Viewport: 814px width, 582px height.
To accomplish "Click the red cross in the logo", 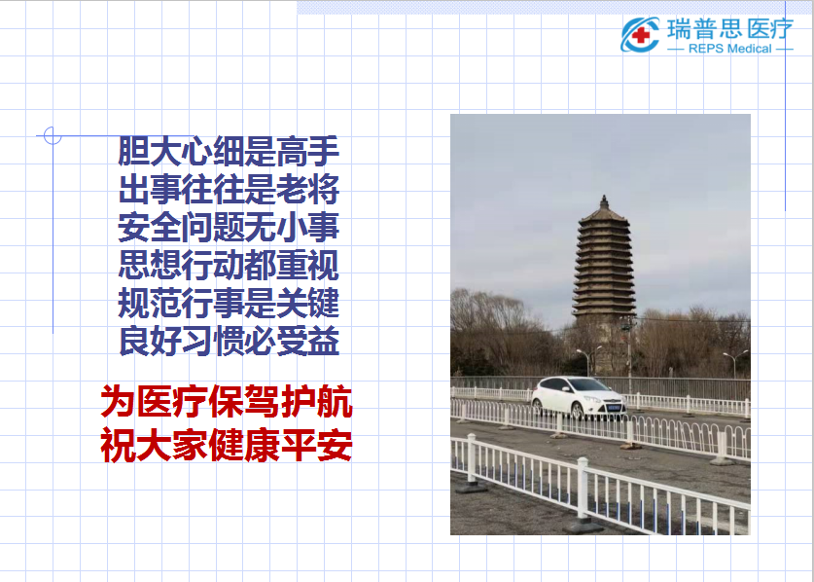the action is point(641,35).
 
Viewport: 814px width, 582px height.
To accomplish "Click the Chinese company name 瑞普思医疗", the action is point(730,28).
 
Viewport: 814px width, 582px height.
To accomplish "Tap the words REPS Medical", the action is point(730,49).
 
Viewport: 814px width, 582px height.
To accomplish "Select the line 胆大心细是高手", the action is point(229,151).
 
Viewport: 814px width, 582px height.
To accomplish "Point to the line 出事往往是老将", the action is point(229,189).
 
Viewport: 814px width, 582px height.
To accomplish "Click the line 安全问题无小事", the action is point(229,227).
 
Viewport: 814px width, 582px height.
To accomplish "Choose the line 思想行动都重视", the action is point(229,265).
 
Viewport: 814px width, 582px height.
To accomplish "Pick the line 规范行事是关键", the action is point(229,303).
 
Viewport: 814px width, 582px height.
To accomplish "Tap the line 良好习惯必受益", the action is point(229,341).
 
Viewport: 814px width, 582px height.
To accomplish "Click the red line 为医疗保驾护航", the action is point(227,402).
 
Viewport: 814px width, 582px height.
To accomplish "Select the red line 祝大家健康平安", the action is point(227,446).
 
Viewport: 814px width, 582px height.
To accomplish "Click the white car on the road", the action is point(579,398).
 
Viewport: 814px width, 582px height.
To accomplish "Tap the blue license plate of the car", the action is point(615,408).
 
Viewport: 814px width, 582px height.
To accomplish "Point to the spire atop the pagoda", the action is point(604,201).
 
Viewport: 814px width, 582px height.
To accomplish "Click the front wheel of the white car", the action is point(578,411).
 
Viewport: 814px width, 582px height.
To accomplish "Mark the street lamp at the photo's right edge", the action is point(735,363).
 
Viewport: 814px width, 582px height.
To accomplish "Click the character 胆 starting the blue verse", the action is point(133,151).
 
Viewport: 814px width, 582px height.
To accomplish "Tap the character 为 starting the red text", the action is point(118,402).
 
